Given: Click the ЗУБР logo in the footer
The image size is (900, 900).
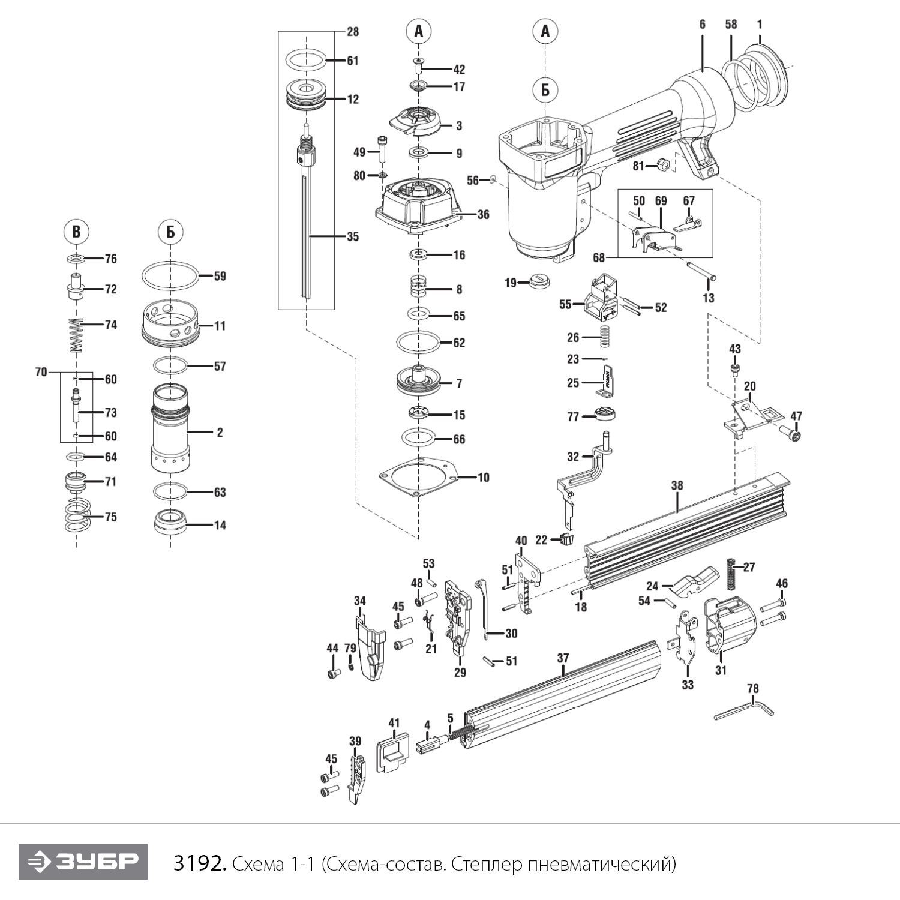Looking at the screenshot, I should click(83, 862).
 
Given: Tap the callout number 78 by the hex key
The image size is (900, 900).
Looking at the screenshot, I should click(753, 688).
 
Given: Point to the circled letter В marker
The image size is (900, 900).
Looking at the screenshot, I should click(76, 232).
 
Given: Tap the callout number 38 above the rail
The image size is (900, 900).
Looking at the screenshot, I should click(677, 485).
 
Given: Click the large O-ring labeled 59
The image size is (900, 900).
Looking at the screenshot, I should click(170, 277).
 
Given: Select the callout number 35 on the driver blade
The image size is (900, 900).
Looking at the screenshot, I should click(353, 236).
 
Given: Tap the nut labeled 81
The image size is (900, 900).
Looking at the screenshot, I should click(663, 163).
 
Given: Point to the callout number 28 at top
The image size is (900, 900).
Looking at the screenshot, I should click(353, 31).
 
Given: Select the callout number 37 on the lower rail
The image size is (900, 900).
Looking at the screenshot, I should click(562, 658).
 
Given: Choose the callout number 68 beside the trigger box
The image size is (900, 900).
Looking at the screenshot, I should click(598, 258).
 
